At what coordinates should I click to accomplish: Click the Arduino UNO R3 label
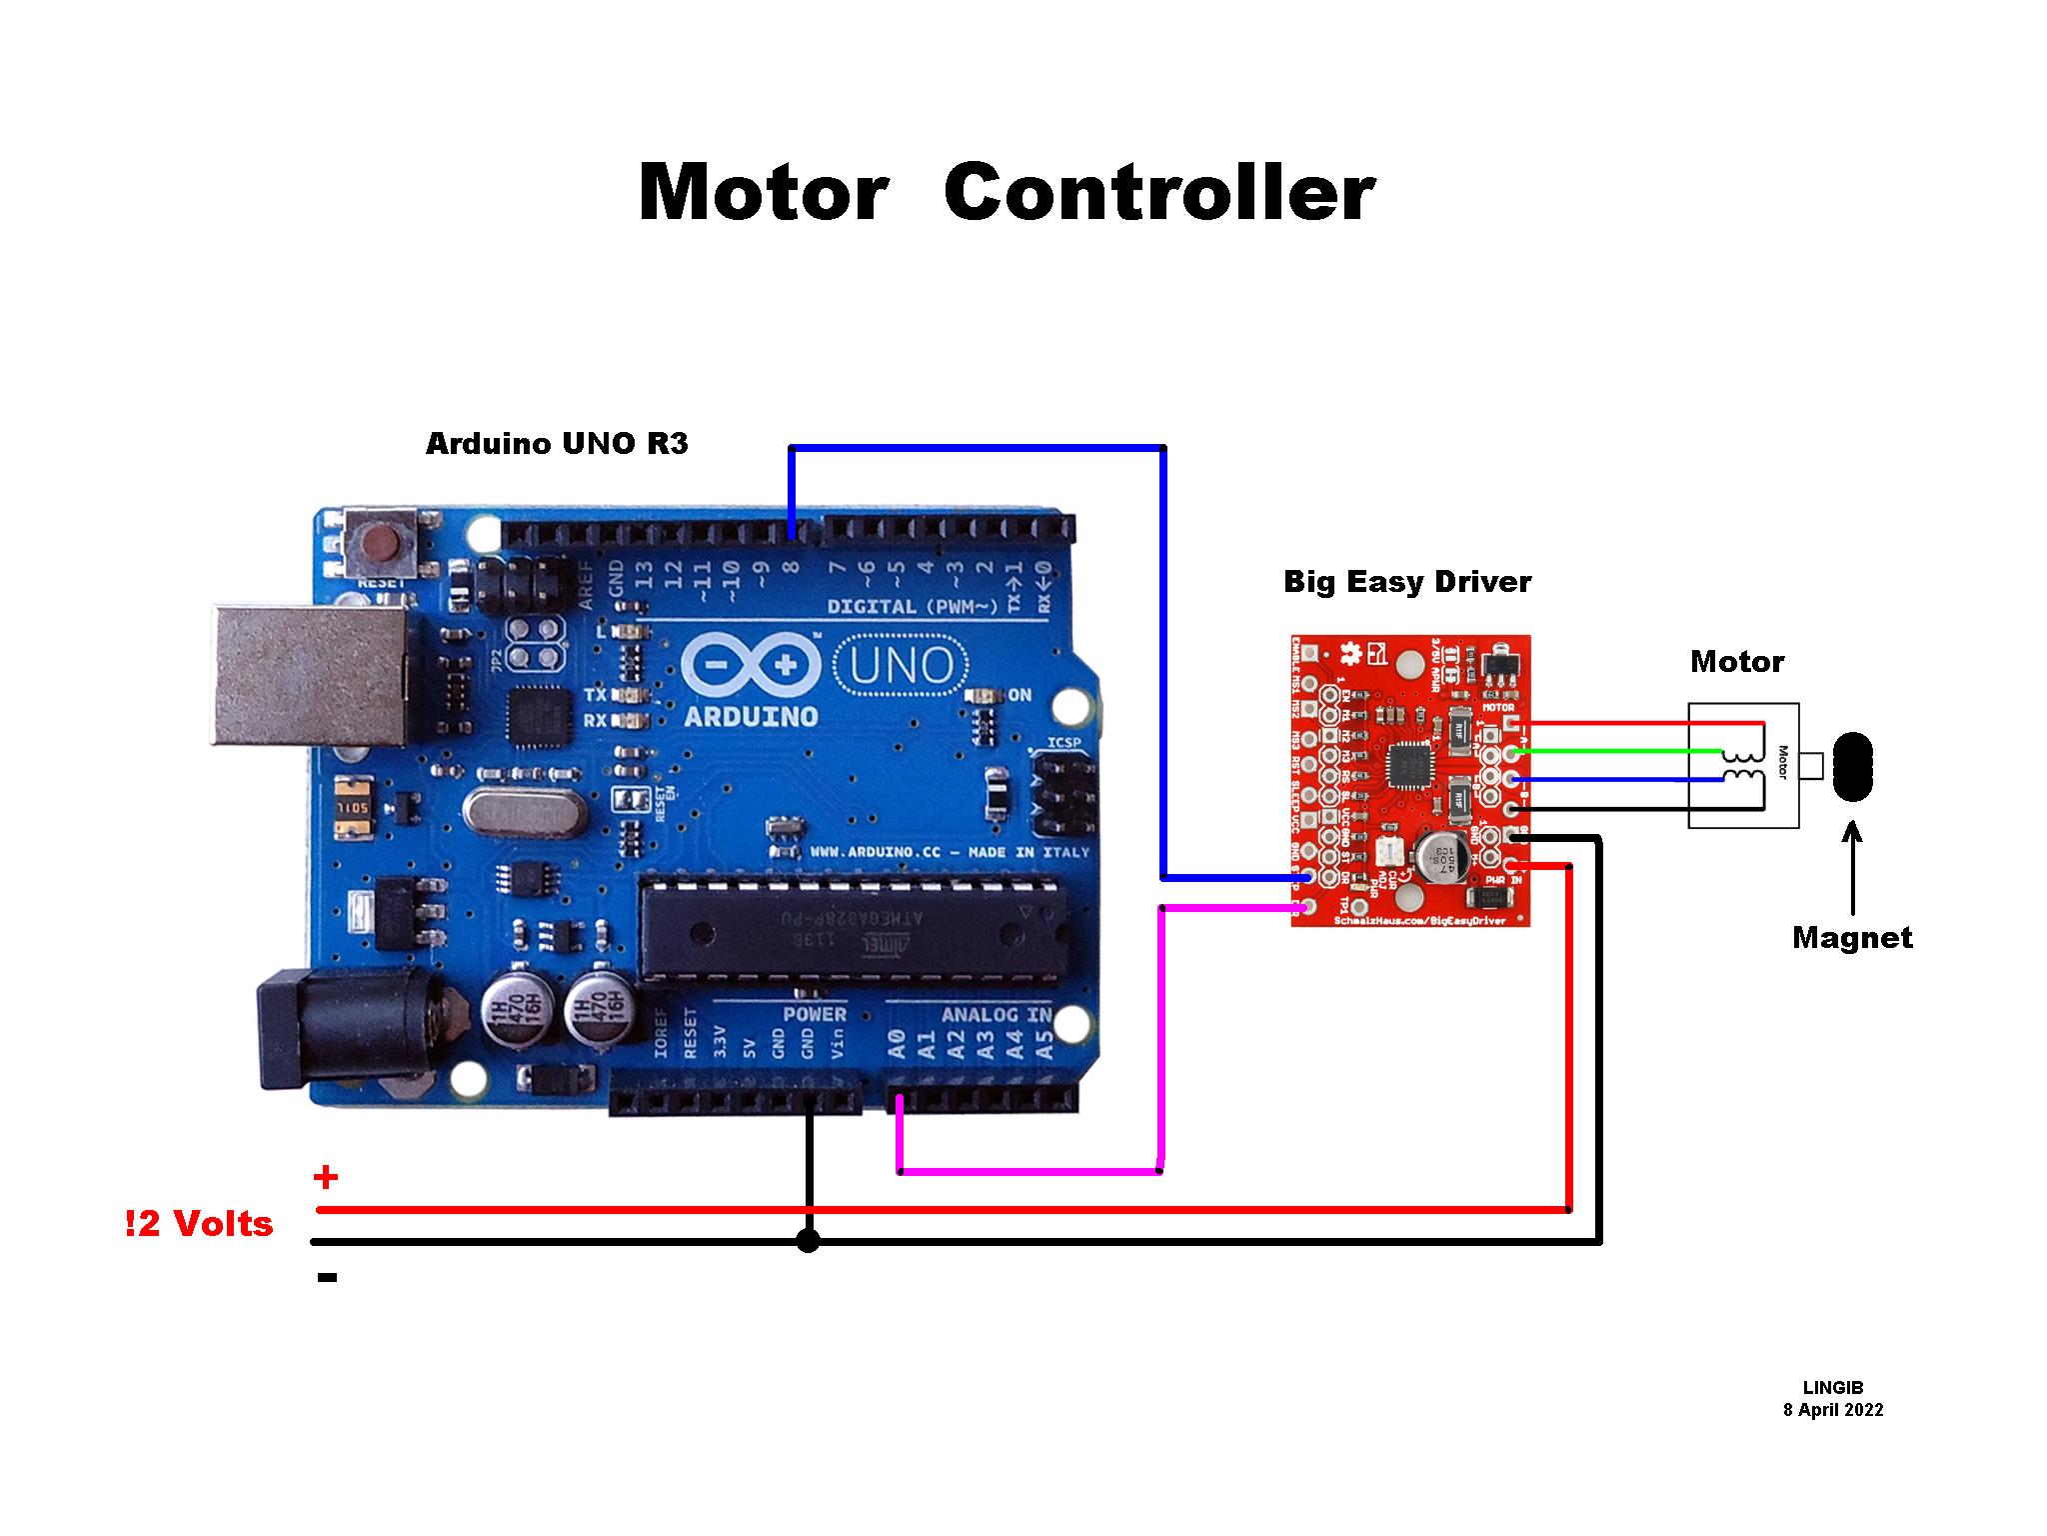(557, 443)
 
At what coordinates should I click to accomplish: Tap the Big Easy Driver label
(1406, 581)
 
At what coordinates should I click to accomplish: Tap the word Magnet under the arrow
(1851, 937)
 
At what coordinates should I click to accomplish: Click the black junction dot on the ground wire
(809, 1242)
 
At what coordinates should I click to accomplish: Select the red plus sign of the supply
(326, 1177)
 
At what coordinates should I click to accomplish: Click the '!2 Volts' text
(199, 1223)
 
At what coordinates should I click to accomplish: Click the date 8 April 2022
(1832, 1410)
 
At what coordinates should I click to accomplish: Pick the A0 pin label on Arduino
(898, 1046)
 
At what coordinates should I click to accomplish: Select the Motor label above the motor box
(1736, 661)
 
